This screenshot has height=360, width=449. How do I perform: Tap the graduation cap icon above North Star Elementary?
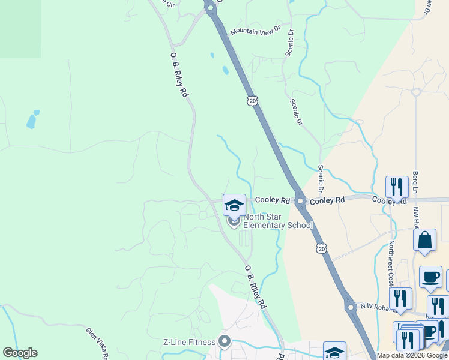pyautogui.click(x=234, y=205)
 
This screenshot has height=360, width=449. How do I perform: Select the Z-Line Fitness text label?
pyautogui.click(x=189, y=343)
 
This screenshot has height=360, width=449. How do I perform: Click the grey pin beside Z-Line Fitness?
pyautogui.click(x=224, y=343)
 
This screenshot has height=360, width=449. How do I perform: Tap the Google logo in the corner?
pyautogui.click(x=20, y=353)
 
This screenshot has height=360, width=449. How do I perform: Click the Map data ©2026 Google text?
pyautogui.click(x=412, y=355)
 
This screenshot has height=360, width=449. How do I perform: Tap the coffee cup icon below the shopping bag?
pyautogui.click(x=430, y=277)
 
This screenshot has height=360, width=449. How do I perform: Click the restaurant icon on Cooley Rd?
pyautogui.click(x=397, y=187)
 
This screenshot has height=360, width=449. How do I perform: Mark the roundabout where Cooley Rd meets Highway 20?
pyautogui.click(x=299, y=201)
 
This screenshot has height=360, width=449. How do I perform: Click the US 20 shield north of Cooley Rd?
pyautogui.click(x=253, y=101)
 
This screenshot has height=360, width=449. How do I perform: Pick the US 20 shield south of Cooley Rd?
pyautogui.click(x=322, y=248)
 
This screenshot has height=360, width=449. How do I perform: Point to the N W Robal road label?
pyautogui.click(x=375, y=308)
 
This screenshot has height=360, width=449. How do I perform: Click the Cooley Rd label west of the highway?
pyautogui.click(x=272, y=200)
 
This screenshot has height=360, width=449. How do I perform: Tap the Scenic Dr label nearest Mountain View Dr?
pyautogui.click(x=290, y=43)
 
